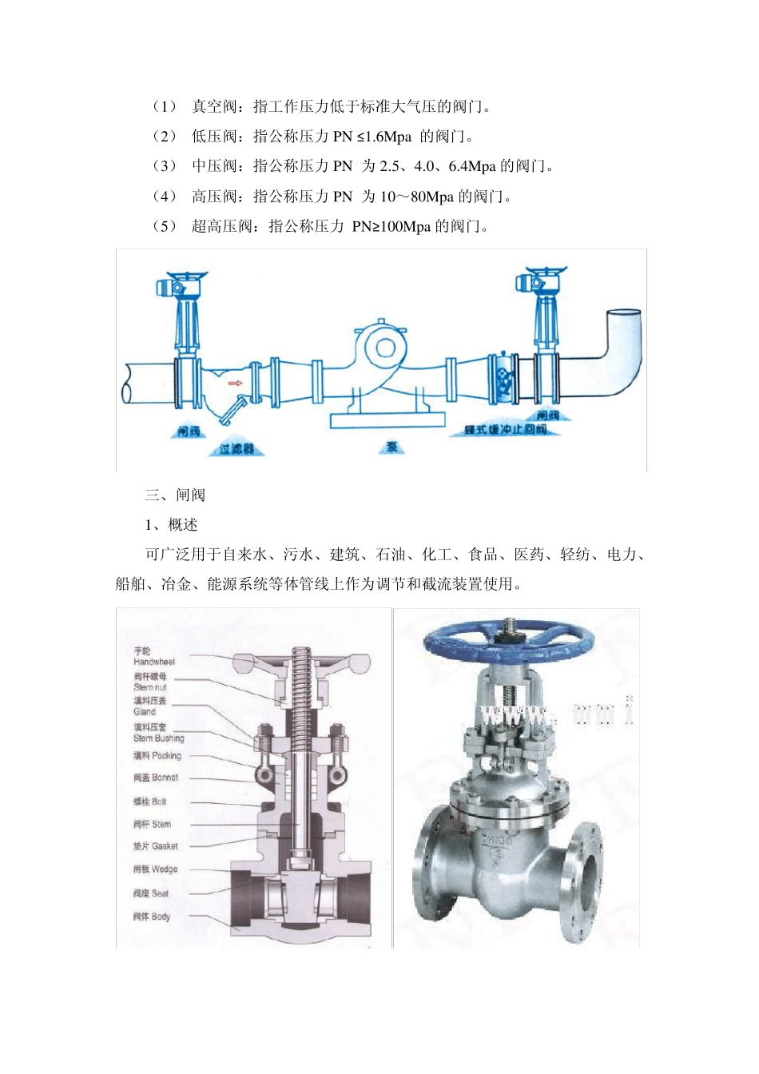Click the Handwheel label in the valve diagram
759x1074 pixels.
(x=153, y=657)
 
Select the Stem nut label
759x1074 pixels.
(x=150, y=682)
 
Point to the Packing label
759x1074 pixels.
(x=157, y=755)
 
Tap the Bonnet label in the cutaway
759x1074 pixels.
(x=156, y=778)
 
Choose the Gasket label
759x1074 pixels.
(x=156, y=846)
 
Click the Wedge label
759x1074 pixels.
(x=156, y=869)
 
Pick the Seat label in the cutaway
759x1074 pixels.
(x=152, y=893)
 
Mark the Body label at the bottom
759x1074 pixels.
(x=152, y=917)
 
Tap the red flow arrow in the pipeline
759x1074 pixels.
(x=235, y=384)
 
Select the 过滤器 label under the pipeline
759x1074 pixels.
(x=236, y=449)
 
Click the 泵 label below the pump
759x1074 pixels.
(x=391, y=447)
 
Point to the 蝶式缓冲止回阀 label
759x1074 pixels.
(x=507, y=430)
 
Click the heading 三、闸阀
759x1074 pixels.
(x=175, y=495)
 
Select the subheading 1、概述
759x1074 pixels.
(x=171, y=525)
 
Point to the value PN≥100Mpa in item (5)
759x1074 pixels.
(x=391, y=227)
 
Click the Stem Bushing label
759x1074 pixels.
(x=158, y=733)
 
